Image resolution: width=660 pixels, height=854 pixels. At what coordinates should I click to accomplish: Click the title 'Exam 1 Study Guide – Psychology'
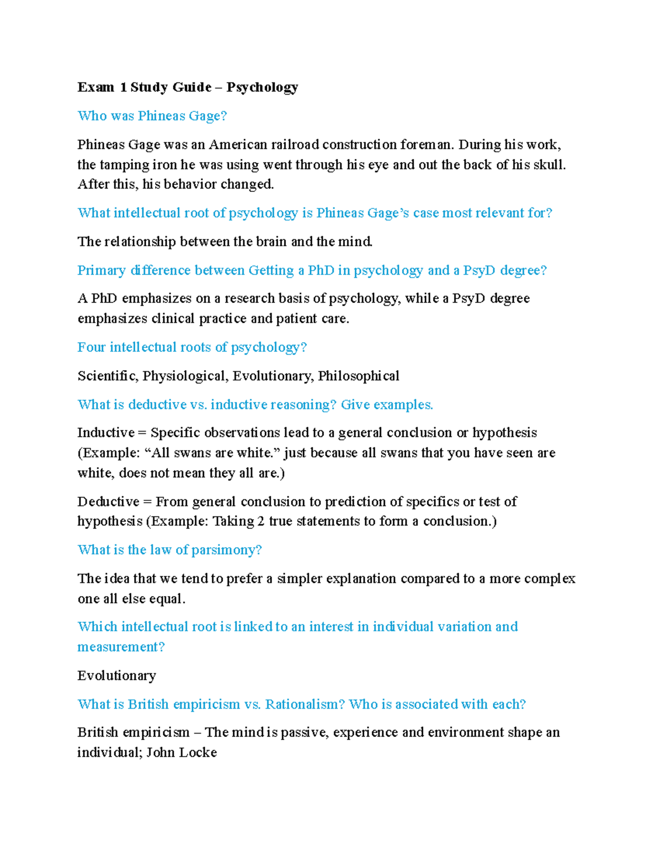click(x=188, y=87)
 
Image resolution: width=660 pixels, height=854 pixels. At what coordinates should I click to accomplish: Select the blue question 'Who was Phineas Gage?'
click(x=152, y=116)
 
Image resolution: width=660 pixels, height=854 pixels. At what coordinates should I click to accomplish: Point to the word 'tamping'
click(x=125, y=165)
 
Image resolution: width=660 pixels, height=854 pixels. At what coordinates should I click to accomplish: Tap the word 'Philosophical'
click(x=359, y=376)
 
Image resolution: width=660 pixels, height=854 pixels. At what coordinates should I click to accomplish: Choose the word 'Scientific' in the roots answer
click(x=107, y=376)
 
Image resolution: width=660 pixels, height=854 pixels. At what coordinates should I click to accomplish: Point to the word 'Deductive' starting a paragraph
click(x=108, y=502)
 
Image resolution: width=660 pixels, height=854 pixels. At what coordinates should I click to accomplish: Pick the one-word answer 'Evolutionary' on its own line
click(x=117, y=676)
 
